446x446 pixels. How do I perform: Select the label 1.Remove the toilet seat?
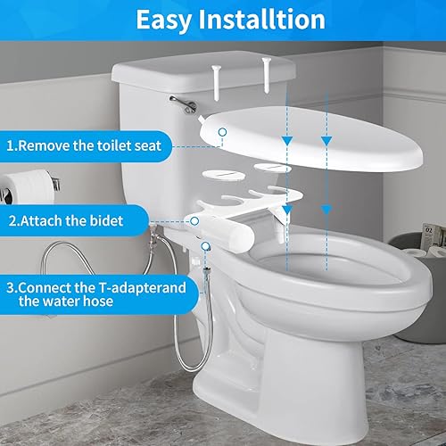[x=85, y=144]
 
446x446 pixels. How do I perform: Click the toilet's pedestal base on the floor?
[x=250, y=392]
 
